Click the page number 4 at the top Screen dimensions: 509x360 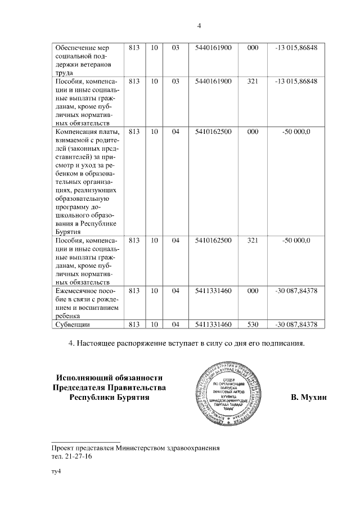point(199,25)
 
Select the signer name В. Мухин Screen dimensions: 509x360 point(309,398)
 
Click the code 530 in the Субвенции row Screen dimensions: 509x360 point(253,325)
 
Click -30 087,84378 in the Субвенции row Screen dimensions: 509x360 point(296,325)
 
